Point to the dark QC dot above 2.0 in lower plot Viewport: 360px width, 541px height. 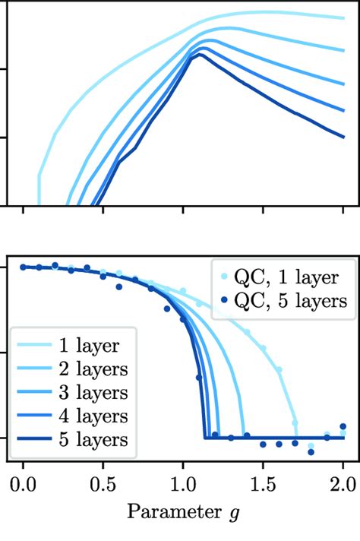343,426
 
